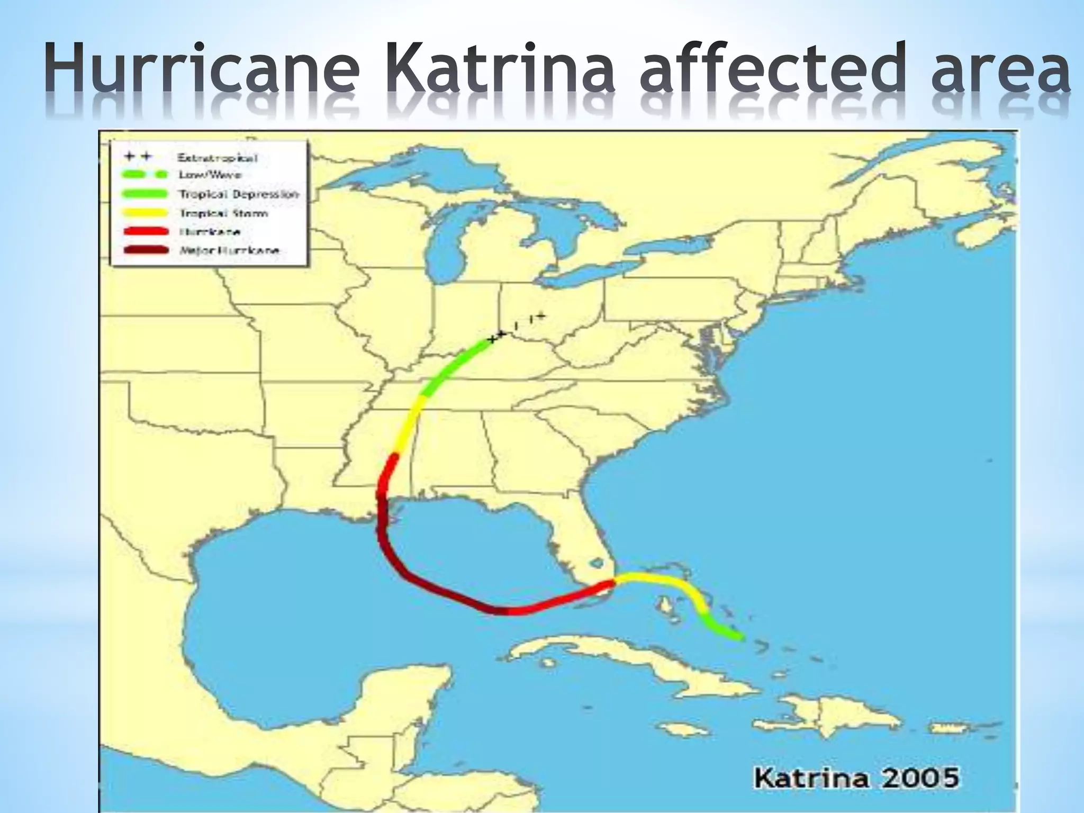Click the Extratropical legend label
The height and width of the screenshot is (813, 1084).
pyautogui.click(x=218, y=158)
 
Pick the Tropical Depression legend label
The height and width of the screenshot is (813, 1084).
pyautogui.click(x=239, y=194)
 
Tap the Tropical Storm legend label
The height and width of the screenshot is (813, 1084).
pyautogui.click(x=223, y=213)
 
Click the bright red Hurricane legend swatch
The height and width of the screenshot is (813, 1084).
pyautogui.click(x=145, y=232)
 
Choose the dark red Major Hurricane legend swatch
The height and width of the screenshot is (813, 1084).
pyautogui.click(x=145, y=250)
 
